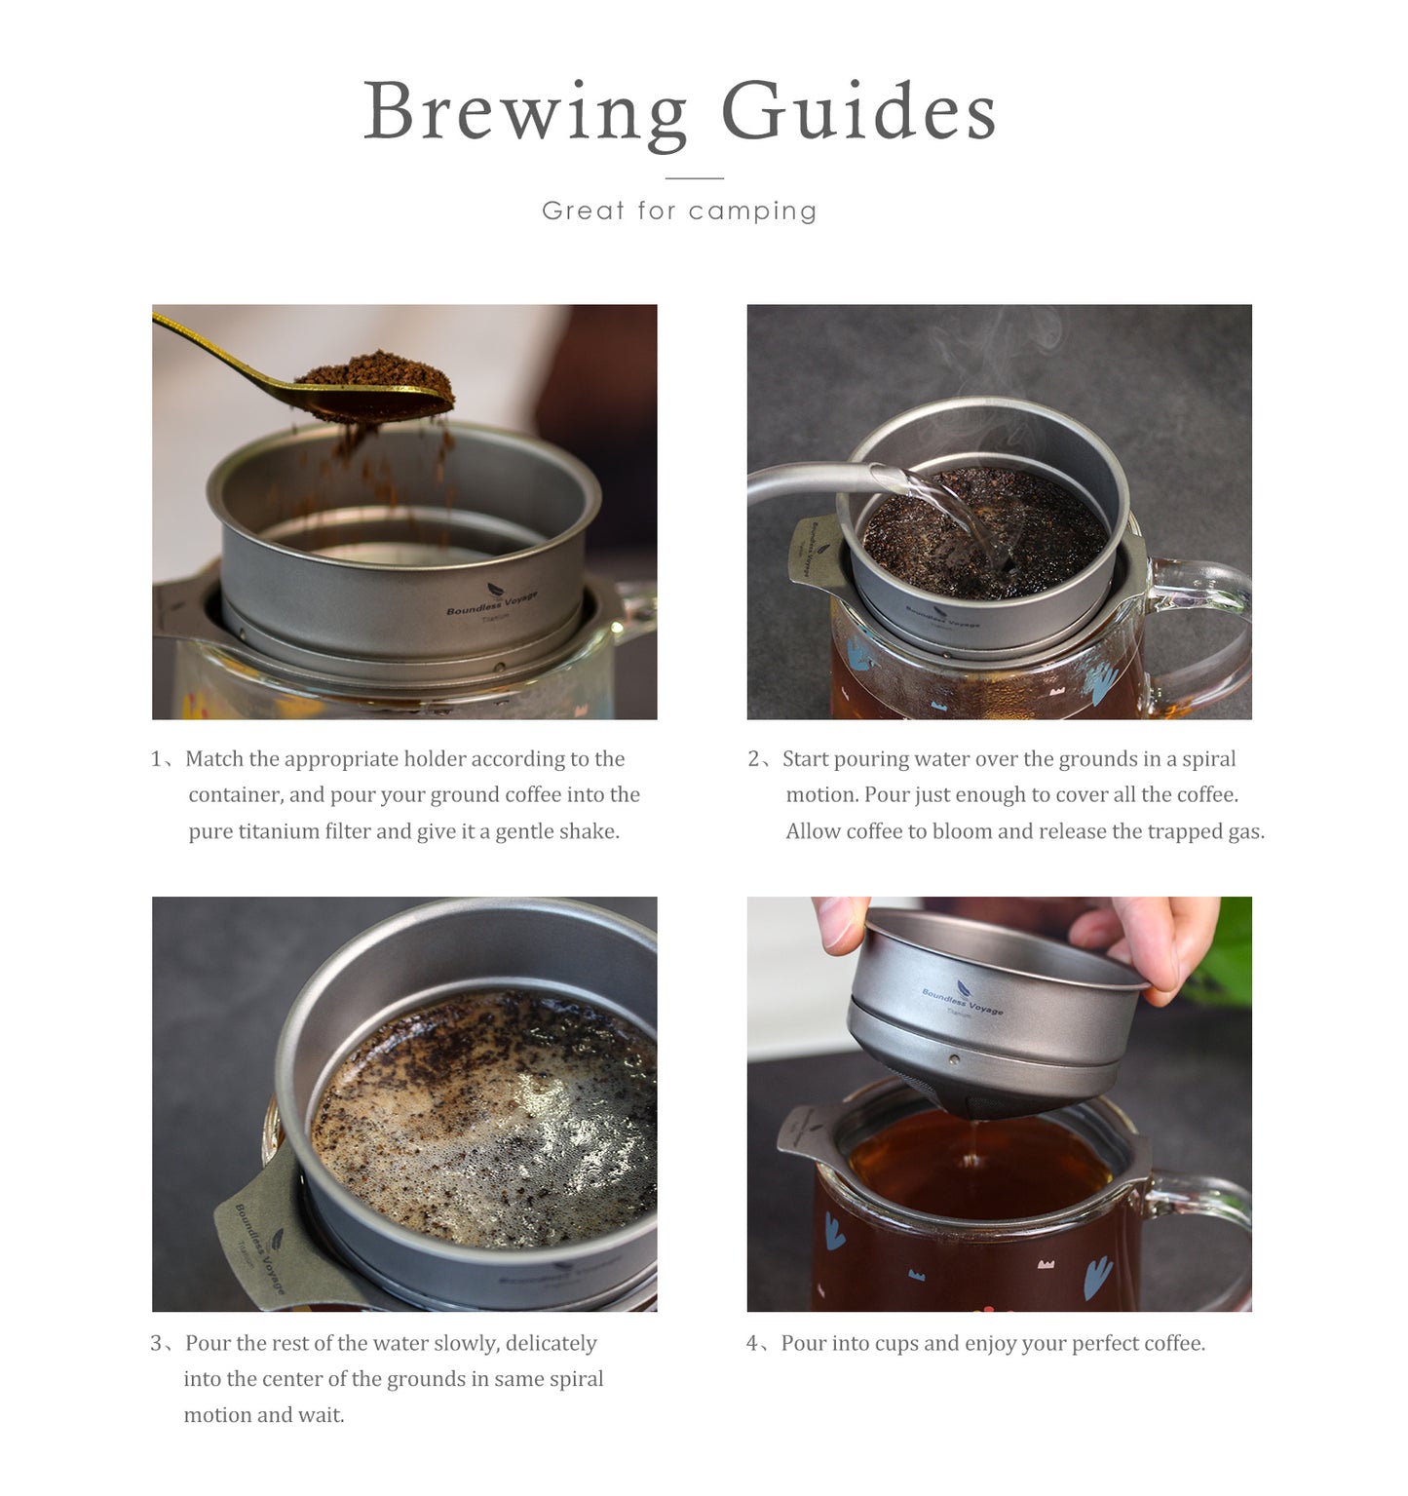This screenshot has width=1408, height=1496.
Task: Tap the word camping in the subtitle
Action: pos(753,211)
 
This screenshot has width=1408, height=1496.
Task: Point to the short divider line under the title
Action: pos(695,178)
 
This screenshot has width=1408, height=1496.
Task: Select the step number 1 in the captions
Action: pos(156,759)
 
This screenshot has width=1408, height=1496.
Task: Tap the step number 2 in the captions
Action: pos(753,759)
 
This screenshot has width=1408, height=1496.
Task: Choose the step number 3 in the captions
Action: pos(156,1344)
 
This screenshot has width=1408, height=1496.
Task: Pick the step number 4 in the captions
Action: pos(752,1344)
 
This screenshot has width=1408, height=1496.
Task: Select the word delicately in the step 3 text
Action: pos(551,1344)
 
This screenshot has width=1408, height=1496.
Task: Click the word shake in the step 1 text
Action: pos(590,831)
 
